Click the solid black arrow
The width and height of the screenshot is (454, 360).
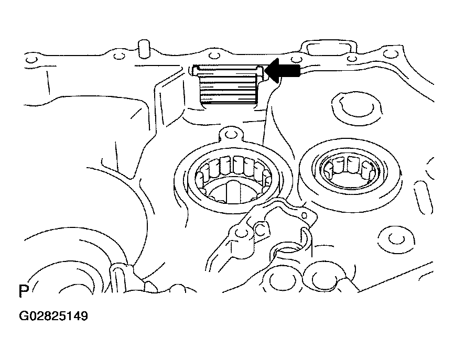282,70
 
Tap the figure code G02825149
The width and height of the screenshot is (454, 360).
53,316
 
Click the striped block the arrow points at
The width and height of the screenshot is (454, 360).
229,85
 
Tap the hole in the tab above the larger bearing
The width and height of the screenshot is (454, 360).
230,134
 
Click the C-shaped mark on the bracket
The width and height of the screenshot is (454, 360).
261,230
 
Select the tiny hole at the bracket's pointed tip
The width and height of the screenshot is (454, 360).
305,215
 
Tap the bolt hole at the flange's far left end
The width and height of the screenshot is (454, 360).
31,60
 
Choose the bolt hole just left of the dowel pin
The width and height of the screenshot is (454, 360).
118,56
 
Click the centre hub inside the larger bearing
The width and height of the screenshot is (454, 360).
233,192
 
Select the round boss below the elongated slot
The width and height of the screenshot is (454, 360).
396,238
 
